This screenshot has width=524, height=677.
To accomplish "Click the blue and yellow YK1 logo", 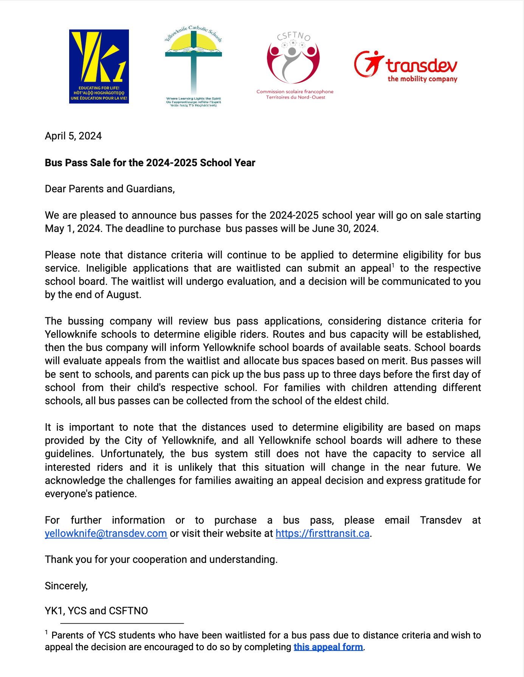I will [99, 66].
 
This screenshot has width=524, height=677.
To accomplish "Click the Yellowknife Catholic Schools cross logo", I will [193, 66].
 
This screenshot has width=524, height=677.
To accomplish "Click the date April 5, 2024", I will [73, 136].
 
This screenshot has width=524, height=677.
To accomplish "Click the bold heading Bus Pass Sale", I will [150, 163].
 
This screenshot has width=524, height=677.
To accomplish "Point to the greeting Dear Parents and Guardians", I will [110, 189].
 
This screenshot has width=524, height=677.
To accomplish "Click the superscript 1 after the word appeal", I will [393, 266].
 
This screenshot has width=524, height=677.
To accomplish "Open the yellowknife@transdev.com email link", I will [106, 533].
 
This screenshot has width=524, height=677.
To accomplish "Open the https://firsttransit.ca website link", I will [322, 533].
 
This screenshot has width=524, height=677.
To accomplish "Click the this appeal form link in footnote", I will [328, 647].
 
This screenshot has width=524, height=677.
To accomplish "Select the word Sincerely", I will [66, 586].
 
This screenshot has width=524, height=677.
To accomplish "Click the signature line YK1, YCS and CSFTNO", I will [96, 611].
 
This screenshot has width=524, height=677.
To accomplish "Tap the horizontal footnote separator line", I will [122, 623].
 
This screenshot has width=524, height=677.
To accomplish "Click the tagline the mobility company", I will [422, 79].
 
